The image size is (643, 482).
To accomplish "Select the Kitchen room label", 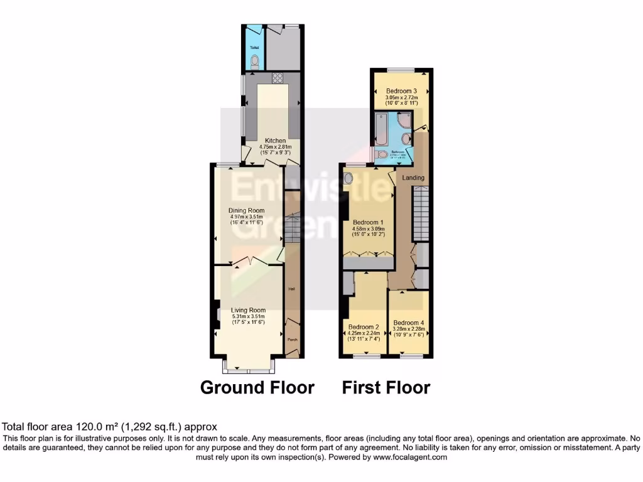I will click(x=275, y=141).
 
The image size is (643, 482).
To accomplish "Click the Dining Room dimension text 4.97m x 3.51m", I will click(x=247, y=217).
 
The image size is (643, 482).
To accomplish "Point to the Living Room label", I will click(x=248, y=310).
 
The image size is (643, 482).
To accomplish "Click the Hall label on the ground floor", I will click(x=291, y=289).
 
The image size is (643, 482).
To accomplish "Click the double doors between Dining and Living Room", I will click(x=249, y=262).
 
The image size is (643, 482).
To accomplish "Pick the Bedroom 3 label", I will click(x=401, y=91).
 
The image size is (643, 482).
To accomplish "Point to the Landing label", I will click(x=413, y=178).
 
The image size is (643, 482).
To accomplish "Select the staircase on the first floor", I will click(x=420, y=217).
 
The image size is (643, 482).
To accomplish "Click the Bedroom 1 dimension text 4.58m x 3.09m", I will click(x=368, y=230).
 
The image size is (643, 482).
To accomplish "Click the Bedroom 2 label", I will click(x=364, y=327).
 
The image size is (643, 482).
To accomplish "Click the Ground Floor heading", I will click(x=257, y=387).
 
